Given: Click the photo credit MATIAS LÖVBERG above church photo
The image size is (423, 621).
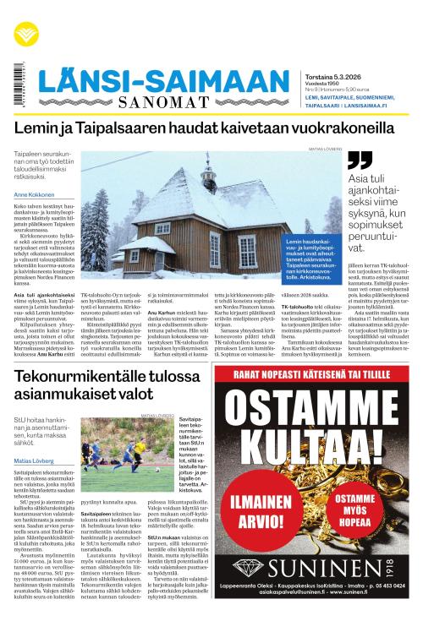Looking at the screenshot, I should (x=325, y=149).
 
